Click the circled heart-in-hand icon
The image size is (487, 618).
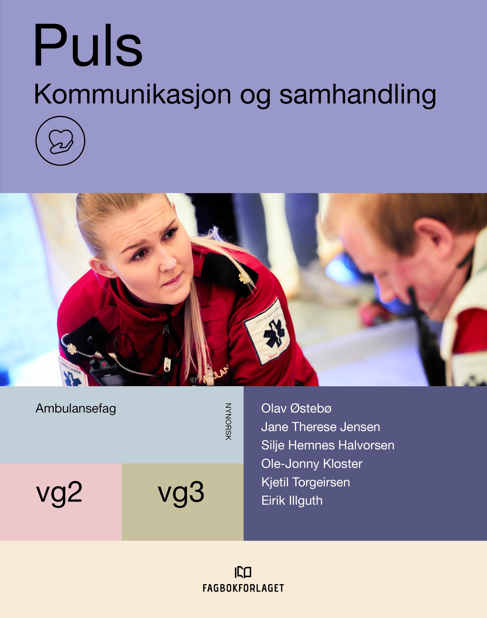click(60, 141)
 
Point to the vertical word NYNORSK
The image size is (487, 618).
click(228, 422)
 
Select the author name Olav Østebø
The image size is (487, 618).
click(296, 408)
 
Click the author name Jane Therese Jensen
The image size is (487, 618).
click(320, 427)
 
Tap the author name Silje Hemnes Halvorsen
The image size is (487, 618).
click(328, 446)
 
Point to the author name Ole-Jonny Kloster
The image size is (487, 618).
click(312, 464)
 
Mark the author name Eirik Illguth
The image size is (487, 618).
click(292, 501)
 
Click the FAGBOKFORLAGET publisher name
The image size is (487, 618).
click(243, 588)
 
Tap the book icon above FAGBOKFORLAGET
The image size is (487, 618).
click(243, 572)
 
